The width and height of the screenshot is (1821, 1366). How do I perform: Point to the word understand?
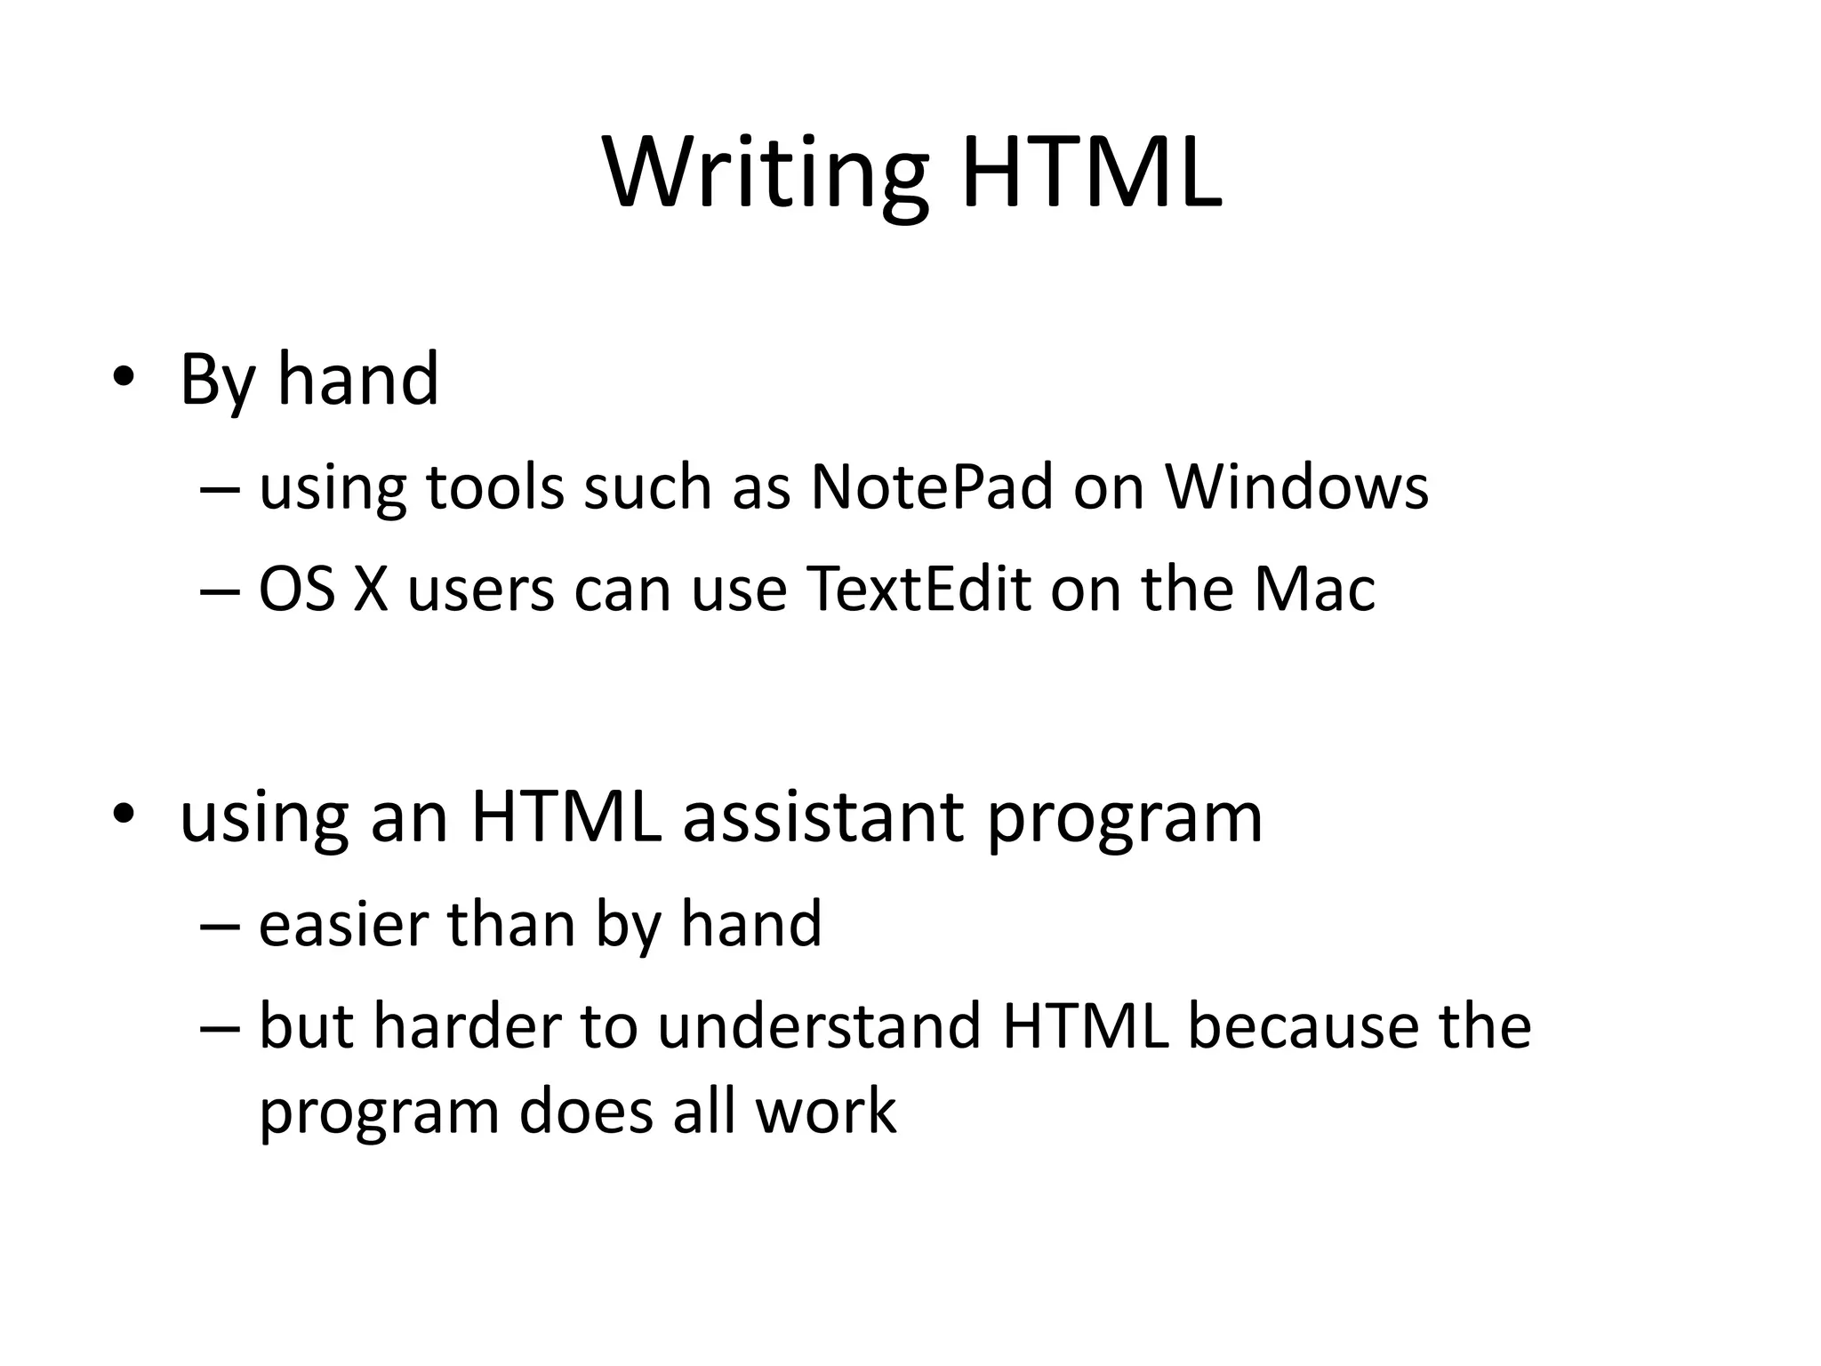click(819, 1025)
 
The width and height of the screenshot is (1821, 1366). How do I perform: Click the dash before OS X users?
click(220, 590)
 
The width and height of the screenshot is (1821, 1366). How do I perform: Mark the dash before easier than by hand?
click(220, 926)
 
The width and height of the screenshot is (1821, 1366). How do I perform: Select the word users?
click(480, 590)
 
